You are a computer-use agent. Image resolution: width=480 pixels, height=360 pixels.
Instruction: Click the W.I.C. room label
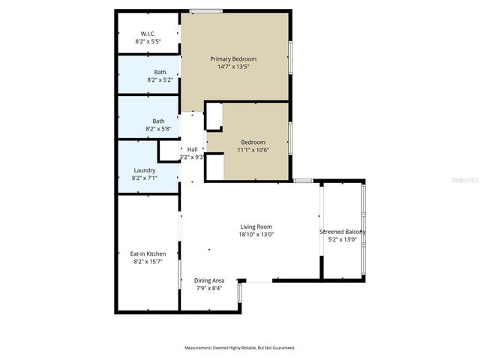tap(147, 33)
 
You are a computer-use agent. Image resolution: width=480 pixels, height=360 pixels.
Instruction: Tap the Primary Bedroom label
tap(233, 59)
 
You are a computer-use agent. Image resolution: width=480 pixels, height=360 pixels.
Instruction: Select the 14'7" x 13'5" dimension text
tap(233, 67)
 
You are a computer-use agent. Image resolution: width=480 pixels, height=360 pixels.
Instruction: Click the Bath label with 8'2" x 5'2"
tap(159, 72)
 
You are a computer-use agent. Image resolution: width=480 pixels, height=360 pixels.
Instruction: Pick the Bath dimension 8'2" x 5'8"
tap(159, 129)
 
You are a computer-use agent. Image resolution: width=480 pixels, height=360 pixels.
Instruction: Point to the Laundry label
tap(144, 170)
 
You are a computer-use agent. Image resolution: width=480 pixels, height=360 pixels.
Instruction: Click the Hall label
tap(192, 149)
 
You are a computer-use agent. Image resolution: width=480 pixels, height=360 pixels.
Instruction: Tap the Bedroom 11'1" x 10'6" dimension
tap(253, 150)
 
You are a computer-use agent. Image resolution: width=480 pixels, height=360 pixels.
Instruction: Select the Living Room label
tap(256, 226)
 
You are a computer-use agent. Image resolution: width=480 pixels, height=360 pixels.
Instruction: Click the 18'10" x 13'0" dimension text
tap(256, 234)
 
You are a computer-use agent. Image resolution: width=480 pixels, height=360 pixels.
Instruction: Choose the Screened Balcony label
tap(343, 232)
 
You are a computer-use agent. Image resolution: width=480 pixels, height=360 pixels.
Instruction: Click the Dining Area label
tap(210, 280)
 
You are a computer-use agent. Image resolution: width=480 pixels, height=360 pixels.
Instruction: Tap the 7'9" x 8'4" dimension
tap(210, 288)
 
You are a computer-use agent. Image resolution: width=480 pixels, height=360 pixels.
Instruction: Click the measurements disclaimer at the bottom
tap(240, 348)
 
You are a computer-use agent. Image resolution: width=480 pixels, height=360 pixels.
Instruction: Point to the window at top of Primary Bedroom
tap(205, 10)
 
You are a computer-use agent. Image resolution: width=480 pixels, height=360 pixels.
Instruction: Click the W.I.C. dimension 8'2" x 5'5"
tap(148, 41)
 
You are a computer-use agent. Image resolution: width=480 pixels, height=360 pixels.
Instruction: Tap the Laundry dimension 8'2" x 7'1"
tap(145, 178)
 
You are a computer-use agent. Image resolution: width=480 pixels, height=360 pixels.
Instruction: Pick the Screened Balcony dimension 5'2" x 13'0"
tap(343, 240)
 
